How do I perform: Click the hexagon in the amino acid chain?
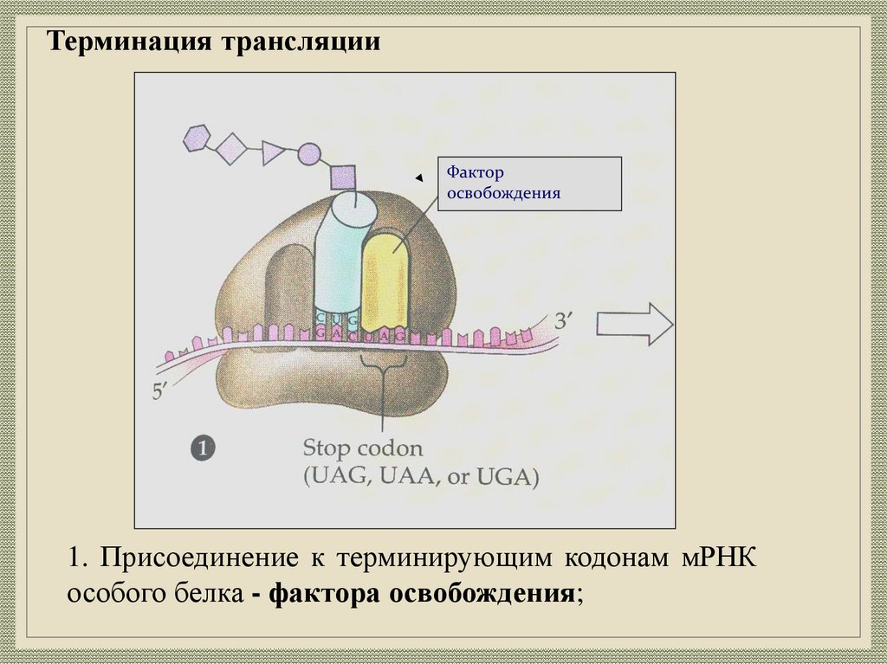(197, 138)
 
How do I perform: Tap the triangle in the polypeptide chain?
(273, 153)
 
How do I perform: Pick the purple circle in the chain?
(309, 156)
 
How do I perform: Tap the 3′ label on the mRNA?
(566, 322)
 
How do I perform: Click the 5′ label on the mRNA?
(163, 390)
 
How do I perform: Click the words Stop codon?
(363, 449)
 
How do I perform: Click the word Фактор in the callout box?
(476, 172)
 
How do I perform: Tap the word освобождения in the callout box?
(503, 193)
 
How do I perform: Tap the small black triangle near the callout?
(419, 178)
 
